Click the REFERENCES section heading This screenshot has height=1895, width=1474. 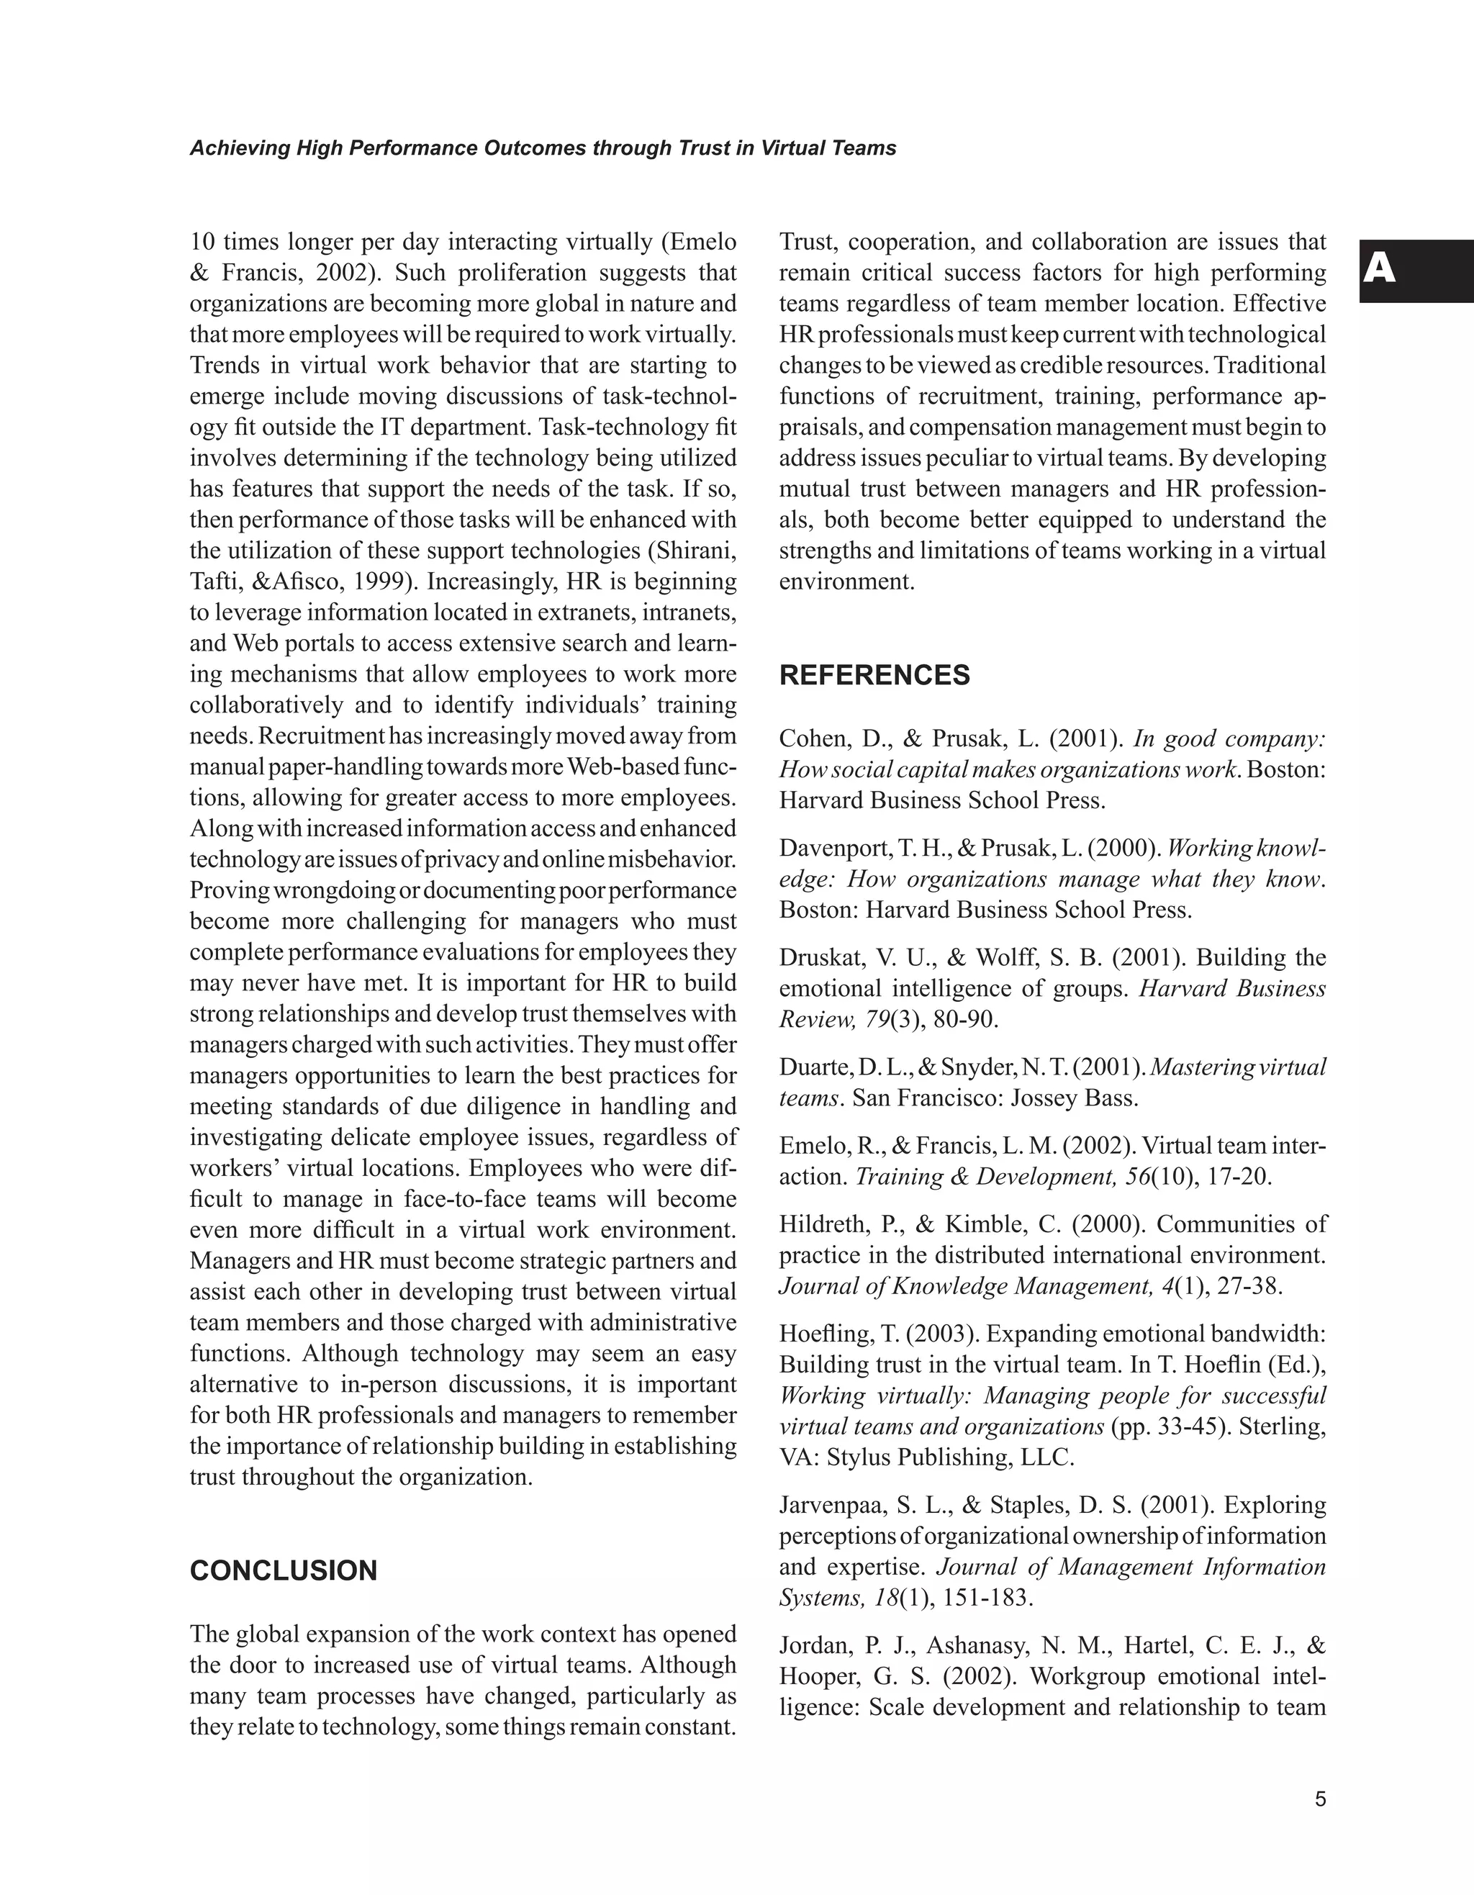874,676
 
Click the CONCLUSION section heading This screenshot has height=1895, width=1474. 284,1570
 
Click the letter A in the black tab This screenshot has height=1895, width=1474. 1380,270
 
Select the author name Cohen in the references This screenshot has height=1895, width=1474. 814,739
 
